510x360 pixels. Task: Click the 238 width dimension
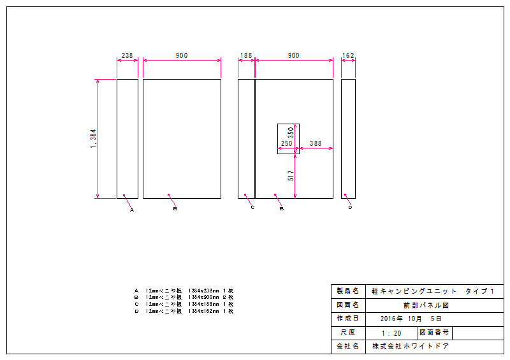point(127,56)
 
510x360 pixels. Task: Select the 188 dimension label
point(245,56)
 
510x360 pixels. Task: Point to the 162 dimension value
point(348,56)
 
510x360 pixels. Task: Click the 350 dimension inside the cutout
point(291,133)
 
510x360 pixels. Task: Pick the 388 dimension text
point(316,144)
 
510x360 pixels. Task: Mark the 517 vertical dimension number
point(291,175)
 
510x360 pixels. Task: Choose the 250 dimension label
point(286,144)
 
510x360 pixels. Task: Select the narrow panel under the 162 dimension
point(348,139)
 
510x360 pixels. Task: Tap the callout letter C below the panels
point(252,208)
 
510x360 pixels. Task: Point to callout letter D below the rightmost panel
point(350,208)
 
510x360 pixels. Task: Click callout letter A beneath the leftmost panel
point(132,209)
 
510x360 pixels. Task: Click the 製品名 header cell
point(347,291)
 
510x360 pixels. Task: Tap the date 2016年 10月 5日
point(410,319)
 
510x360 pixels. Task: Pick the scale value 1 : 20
point(391,333)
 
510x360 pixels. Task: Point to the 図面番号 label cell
point(433,333)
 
